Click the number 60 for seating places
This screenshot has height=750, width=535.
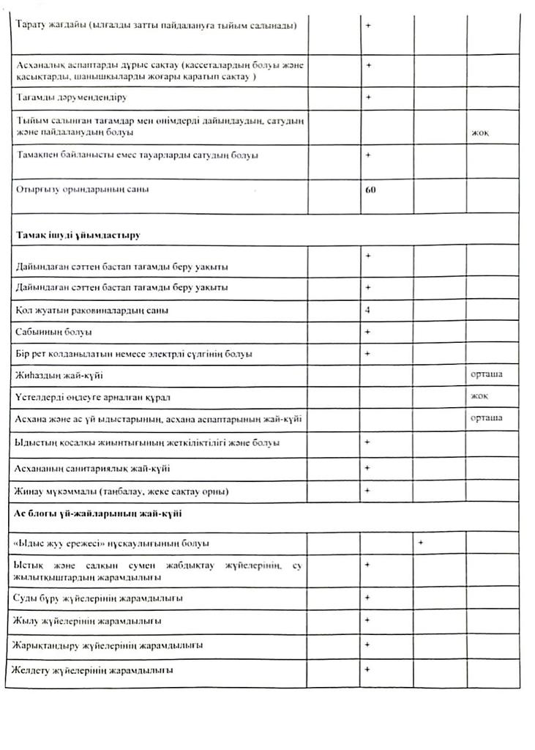[x=370, y=189]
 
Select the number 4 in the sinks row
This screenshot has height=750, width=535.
[x=367, y=310]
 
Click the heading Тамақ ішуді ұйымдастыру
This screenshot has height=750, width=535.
[x=78, y=235]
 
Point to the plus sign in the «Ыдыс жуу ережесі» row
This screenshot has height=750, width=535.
[x=422, y=543]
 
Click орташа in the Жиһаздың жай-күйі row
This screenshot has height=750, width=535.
[x=487, y=374]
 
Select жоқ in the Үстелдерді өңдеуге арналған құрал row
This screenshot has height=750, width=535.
[x=481, y=396]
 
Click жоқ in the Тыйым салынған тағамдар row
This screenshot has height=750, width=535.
[x=481, y=133]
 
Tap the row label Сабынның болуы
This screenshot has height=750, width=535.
[x=53, y=332]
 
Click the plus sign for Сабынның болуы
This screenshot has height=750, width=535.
[x=368, y=332]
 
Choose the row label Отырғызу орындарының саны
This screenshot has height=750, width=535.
[x=82, y=189]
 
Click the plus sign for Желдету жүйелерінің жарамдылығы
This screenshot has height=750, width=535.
[x=368, y=669]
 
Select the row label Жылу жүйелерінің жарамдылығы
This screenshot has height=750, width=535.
[x=88, y=621]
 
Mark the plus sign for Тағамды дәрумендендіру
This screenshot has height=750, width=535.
[x=368, y=97]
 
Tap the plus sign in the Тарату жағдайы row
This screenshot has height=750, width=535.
[x=368, y=25]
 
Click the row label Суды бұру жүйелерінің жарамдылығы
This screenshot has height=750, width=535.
[x=98, y=598]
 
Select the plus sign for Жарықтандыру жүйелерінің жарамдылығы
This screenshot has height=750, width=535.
[x=368, y=645]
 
